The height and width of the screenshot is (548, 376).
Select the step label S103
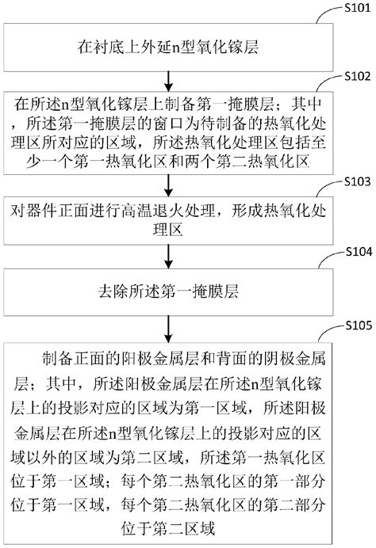pyautogui.click(x=347, y=181)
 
